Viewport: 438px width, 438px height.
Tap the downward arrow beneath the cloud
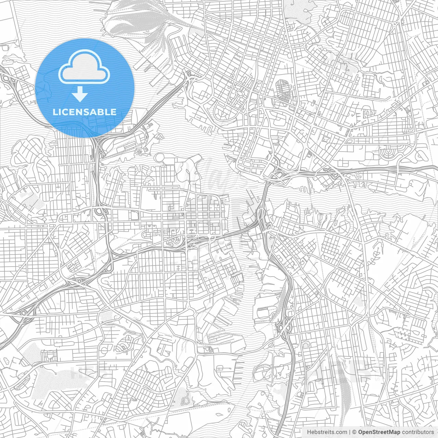80,94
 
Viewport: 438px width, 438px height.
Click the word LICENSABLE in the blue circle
84,112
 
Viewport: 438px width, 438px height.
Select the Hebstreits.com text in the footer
327,432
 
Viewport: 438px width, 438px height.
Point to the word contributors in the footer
418,432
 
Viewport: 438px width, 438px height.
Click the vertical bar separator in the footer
349,432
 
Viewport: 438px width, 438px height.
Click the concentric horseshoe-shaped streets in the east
390,153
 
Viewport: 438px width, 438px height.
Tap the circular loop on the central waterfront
160,158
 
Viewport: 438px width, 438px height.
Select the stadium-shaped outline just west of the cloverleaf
265,312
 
